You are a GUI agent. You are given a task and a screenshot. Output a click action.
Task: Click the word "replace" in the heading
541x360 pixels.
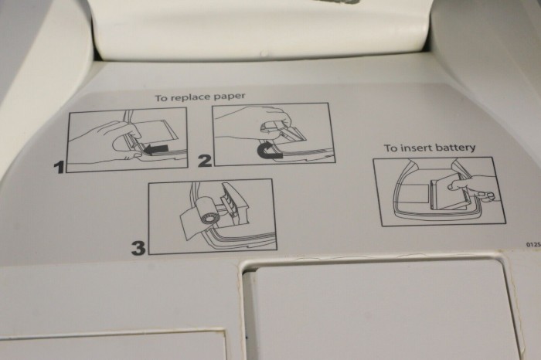tap(191, 97)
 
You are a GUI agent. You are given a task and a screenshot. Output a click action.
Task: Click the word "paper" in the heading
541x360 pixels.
tap(230, 97)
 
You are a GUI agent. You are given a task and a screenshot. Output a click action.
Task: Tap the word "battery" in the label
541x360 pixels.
tap(454, 148)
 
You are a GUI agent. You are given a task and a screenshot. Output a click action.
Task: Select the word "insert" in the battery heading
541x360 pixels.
tap(416, 148)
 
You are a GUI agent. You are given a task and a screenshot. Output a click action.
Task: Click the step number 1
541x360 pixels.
tap(60, 167)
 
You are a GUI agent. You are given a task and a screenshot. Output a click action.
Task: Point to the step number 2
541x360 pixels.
tap(205, 161)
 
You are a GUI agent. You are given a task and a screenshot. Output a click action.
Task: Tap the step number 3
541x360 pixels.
tap(138, 248)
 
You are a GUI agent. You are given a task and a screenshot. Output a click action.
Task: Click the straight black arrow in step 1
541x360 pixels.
tap(156, 149)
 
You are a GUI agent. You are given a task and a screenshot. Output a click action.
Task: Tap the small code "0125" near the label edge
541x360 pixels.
tap(533, 244)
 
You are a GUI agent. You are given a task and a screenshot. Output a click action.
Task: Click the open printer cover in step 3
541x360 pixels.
tap(235, 199)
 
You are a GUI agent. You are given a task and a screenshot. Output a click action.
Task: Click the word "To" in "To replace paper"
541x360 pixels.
tap(162, 98)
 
